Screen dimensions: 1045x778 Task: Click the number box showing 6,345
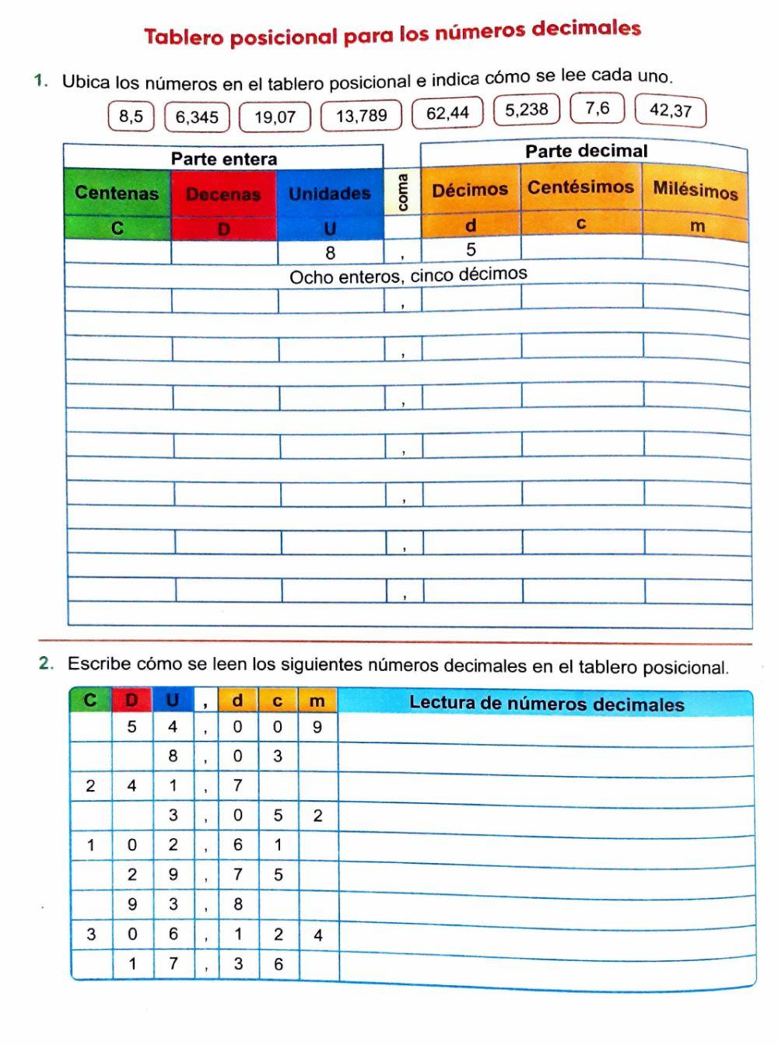pos(197,117)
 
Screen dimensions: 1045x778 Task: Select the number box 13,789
pos(361,116)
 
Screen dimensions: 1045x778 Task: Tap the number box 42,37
pos(670,110)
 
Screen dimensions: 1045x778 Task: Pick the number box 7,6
pos(598,108)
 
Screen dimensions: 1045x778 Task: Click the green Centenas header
pos(117,193)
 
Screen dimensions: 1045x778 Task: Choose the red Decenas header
pos(223,194)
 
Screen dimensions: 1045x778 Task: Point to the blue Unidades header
pos(330,194)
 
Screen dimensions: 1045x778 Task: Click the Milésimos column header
pos(695,190)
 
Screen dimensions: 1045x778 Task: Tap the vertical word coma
pos(402,191)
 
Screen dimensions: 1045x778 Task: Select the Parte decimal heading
pos(586,151)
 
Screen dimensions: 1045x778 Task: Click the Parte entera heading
pos(224,159)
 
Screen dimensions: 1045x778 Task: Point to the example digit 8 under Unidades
pos(331,253)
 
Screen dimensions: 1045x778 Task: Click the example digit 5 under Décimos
pos(471,250)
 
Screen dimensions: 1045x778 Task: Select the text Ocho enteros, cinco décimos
pos(408,275)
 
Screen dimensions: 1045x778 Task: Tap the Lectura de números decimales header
pos(546,704)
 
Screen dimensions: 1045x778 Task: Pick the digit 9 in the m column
pos(317,727)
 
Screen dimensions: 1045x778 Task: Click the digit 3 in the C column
pos(91,934)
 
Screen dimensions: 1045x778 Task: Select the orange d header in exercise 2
pos(237,701)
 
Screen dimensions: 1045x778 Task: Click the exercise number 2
pos(46,663)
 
